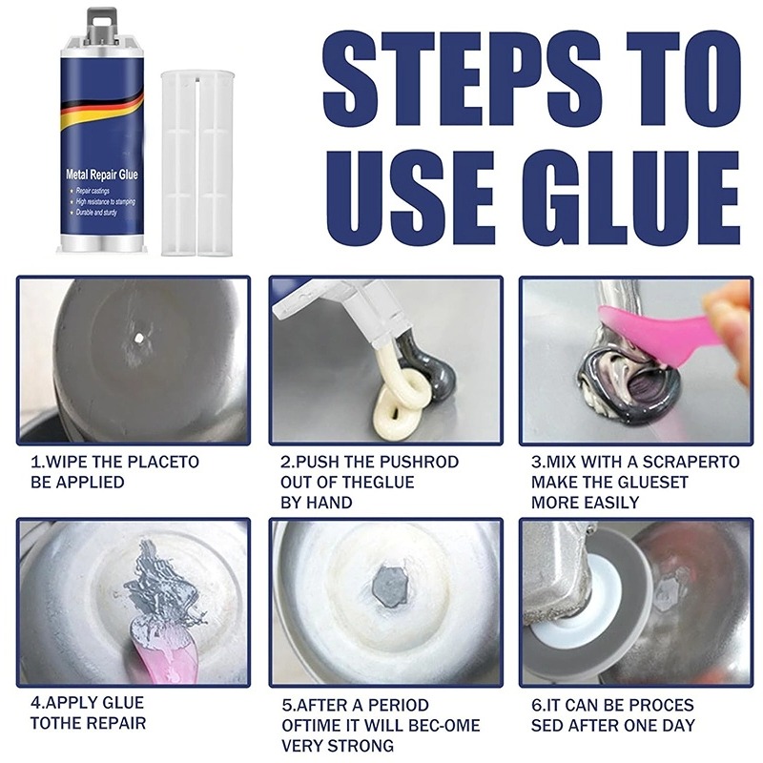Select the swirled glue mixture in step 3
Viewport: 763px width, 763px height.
pos(621,377)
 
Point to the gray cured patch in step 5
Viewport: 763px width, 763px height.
pos(391,583)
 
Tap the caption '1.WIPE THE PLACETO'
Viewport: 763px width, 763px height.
pos(114,462)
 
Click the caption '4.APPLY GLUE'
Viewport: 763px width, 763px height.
pos(87,704)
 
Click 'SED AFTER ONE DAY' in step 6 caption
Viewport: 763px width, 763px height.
pos(610,724)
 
